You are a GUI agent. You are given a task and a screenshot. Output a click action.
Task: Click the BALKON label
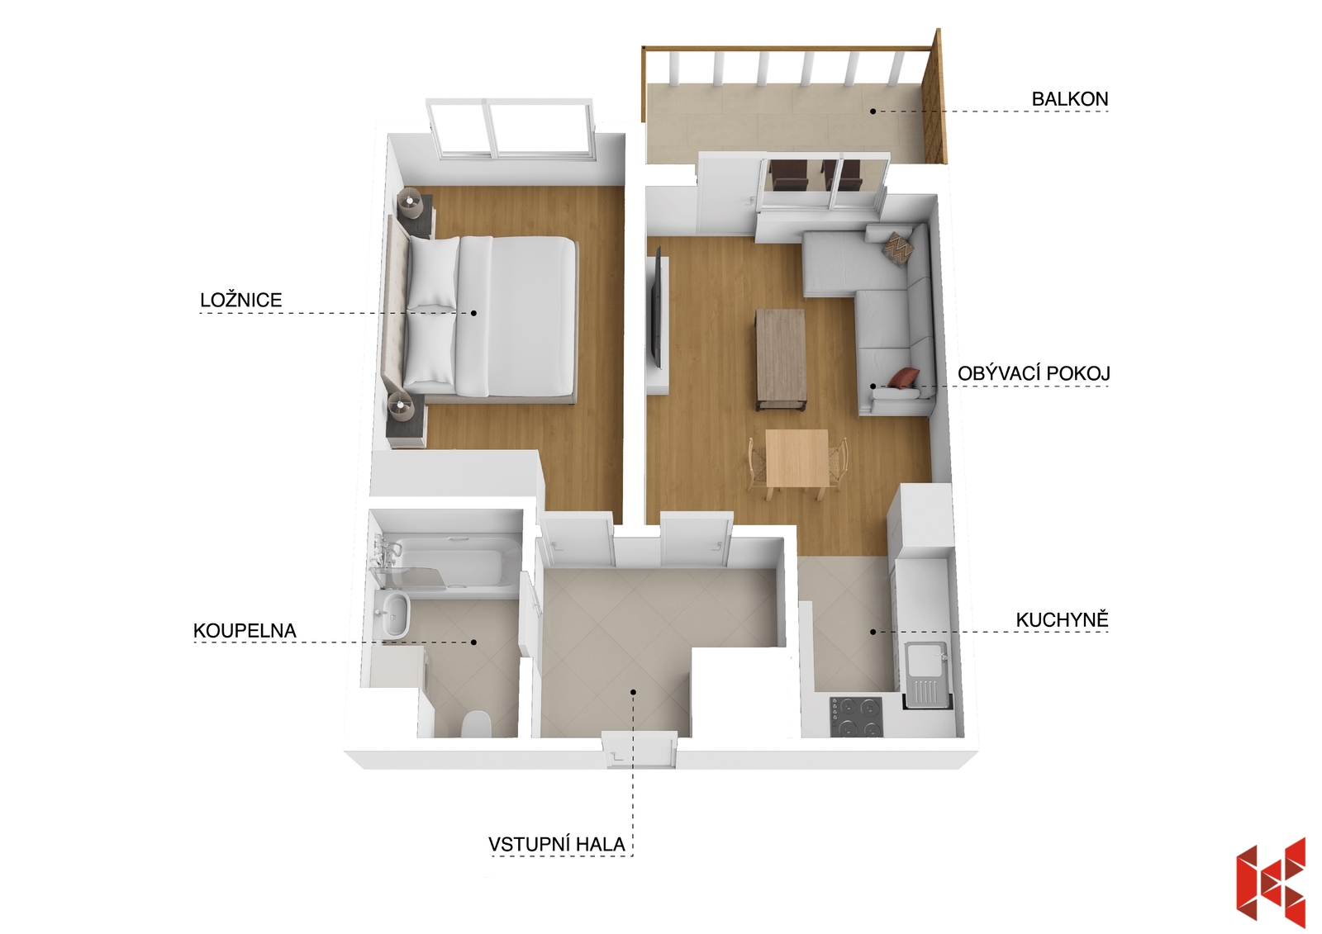(x=1069, y=99)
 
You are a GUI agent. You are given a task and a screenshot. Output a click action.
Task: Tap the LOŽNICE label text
(x=240, y=301)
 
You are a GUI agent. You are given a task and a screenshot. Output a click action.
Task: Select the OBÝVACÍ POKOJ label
(x=1034, y=373)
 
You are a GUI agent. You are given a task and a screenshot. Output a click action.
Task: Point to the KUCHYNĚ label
(x=1062, y=619)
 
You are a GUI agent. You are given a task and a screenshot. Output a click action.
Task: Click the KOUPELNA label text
(x=245, y=631)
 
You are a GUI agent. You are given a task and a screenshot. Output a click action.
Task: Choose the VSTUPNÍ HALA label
(x=557, y=845)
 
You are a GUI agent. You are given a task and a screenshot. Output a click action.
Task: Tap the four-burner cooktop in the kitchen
(x=856, y=717)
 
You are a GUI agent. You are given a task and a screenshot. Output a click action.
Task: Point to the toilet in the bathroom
(x=476, y=725)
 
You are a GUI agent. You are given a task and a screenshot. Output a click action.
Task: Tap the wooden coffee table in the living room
(x=780, y=358)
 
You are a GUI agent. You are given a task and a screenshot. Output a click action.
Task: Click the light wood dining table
(x=797, y=458)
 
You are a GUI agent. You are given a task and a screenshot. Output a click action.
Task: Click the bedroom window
(x=511, y=130)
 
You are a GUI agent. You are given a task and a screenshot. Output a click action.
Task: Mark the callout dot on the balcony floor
(x=873, y=111)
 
